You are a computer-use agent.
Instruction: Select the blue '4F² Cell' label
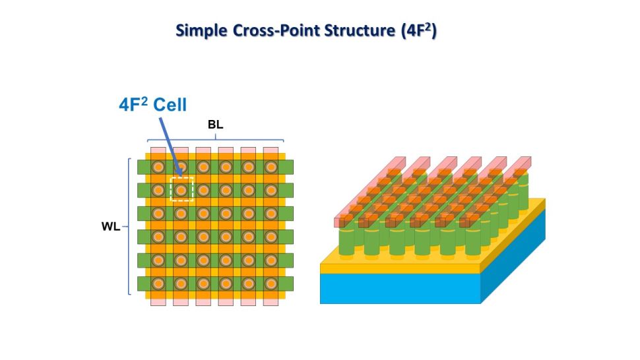153,104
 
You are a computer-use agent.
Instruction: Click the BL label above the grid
214,125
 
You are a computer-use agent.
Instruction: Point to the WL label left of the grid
110,226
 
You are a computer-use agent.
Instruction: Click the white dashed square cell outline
181,189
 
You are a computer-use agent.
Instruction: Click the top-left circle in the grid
158,167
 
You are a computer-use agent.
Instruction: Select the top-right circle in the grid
271,167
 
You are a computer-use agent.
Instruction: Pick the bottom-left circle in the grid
158,284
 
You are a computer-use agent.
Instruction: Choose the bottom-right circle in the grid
271,284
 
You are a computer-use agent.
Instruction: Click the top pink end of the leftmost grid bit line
158,152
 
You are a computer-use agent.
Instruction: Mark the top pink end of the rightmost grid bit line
271,152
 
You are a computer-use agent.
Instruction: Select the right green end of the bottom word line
288,284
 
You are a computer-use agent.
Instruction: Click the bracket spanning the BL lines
215,138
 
